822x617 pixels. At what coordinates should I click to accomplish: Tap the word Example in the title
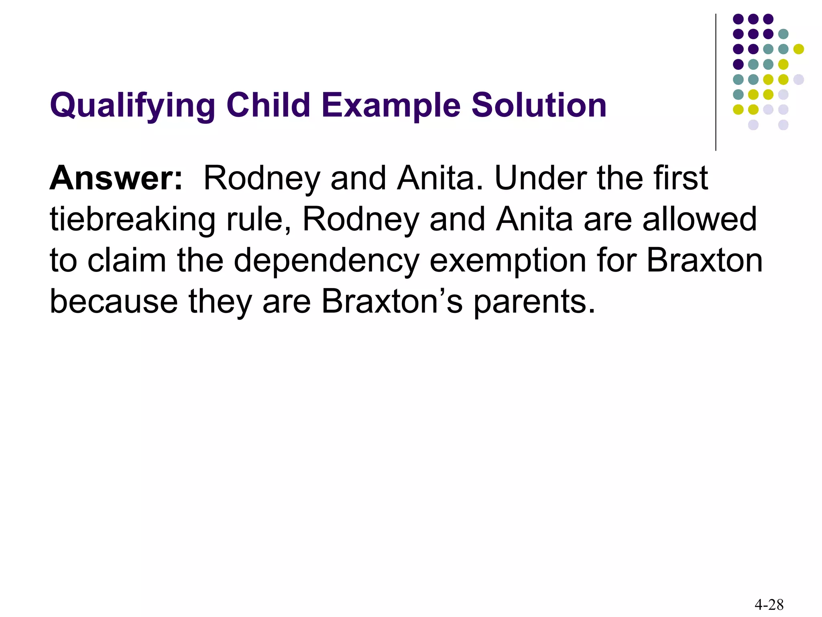391,105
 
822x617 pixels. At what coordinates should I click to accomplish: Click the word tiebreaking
133,220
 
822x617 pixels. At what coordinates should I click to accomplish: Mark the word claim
127,261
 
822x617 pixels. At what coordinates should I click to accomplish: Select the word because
114,302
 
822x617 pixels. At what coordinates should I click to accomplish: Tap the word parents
534,302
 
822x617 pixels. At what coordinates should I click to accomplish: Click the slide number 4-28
769,604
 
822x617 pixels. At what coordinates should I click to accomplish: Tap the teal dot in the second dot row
783,34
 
